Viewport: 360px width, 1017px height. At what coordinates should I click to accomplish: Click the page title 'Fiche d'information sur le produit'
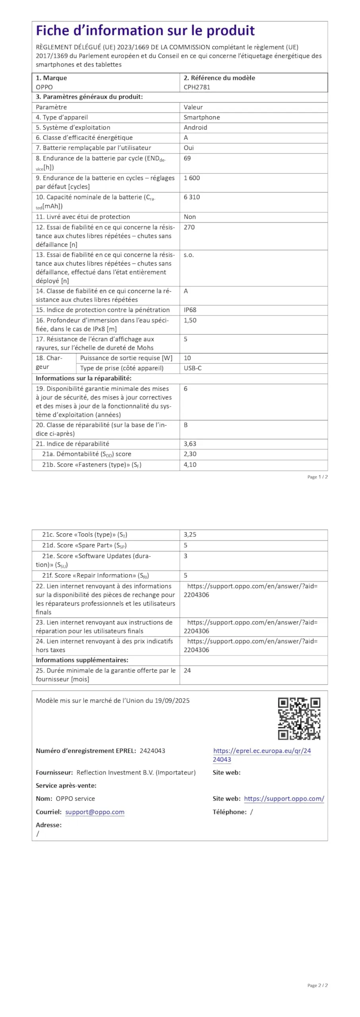point(145,31)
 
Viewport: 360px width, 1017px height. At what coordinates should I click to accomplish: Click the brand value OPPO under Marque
point(44,87)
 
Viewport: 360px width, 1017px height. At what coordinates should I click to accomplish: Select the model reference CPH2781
point(197,87)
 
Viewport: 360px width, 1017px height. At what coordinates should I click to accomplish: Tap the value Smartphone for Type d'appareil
point(201,117)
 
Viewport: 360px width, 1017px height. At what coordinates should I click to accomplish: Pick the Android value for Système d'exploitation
point(195,128)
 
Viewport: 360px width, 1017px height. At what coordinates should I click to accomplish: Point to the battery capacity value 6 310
point(192,197)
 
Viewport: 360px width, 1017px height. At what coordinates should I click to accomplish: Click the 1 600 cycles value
point(192,178)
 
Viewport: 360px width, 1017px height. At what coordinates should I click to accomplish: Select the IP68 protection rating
point(190,310)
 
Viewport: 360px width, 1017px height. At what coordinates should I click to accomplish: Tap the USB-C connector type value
point(192,368)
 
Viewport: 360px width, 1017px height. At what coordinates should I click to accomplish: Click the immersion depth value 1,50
point(190,320)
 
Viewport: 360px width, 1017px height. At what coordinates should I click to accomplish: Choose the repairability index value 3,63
point(190,444)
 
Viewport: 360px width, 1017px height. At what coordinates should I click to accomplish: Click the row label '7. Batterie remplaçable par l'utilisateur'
point(93,148)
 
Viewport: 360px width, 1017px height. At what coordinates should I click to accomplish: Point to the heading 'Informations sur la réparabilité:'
point(83,378)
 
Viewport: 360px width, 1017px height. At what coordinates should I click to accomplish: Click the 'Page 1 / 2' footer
point(317,477)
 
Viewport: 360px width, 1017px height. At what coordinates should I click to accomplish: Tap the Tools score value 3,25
point(190,535)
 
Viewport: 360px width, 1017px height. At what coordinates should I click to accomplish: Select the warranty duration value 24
point(187,670)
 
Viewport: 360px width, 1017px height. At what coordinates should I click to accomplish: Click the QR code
point(299,719)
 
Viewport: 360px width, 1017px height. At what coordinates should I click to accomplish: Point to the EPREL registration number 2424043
point(152,750)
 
